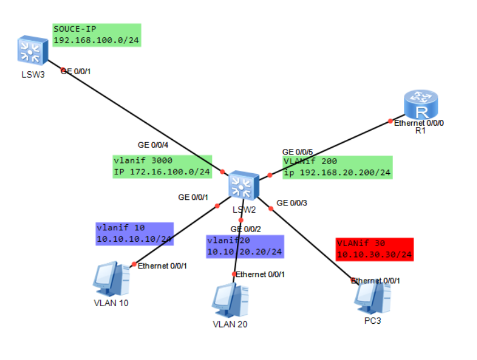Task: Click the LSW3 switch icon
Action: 32,49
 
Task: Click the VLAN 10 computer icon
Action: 112,278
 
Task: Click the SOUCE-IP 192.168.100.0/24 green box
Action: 96,35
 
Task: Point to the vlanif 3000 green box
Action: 162,166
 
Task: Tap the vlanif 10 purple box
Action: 134,233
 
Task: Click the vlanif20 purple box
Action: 244,246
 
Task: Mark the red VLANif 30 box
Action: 374,249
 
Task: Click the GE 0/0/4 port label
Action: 153,145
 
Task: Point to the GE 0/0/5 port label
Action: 297,152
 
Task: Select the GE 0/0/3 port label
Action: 292,203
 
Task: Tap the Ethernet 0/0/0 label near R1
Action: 419,122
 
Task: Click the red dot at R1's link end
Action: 390,121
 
